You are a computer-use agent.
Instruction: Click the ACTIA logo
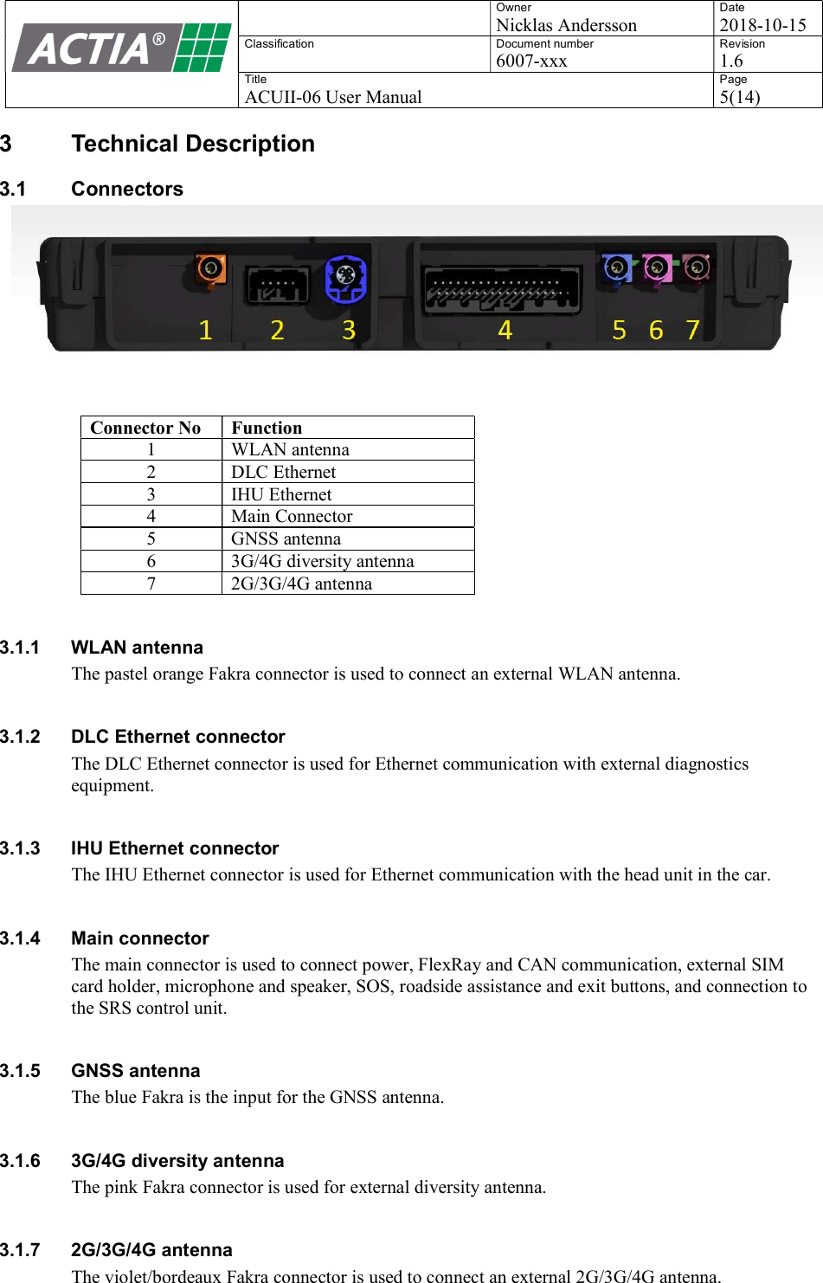[x=121, y=48]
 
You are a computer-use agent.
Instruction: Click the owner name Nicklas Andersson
[x=566, y=25]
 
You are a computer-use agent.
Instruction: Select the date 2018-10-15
[x=762, y=25]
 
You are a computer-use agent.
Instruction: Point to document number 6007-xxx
[x=531, y=61]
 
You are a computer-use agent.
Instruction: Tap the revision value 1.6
[x=731, y=61]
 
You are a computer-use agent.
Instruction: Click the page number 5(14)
[x=740, y=97]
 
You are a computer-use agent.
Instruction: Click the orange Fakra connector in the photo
[x=210, y=269]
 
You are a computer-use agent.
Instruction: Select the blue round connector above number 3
[x=345, y=278]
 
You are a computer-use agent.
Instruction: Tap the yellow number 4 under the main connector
[x=505, y=330]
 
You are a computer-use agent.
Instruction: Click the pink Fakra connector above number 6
[x=657, y=268]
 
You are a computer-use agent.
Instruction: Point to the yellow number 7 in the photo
[x=692, y=330]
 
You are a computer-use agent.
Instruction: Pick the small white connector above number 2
[x=277, y=284]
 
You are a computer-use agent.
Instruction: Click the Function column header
[x=267, y=428]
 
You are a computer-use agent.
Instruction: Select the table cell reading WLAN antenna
[x=290, y=449]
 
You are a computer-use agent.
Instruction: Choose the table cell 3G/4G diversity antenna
[x=322, y=561]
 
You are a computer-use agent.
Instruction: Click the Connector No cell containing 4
[x=151, y=516]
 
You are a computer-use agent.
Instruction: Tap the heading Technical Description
[x=193, y=144]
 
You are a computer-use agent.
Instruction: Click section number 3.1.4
[x=20, y=938]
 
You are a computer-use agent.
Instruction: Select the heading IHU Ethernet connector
[x=175, y=848]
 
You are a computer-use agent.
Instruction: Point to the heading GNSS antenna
[x=135, y=1071]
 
